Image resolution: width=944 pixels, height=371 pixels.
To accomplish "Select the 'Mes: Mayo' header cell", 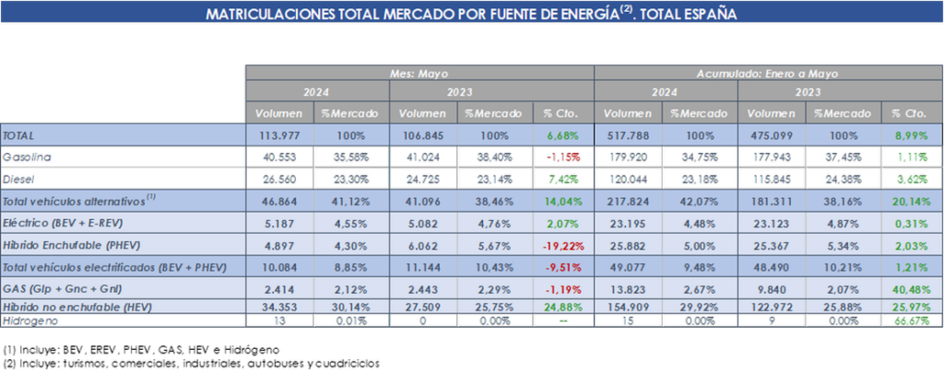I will click(419, 73).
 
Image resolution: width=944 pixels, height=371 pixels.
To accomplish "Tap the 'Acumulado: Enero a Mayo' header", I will click(769, 73).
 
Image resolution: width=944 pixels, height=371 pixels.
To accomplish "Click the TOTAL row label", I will click(19, 134).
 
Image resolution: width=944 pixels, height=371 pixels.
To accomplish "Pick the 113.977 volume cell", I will click(280, 134).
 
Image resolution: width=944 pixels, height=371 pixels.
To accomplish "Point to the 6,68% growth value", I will click(563, 134).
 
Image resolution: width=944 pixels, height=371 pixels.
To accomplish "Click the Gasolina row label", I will click(28, 157).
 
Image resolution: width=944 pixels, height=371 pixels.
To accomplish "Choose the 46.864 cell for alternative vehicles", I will click(280, 201).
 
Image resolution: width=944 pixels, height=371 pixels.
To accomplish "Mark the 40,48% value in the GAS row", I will click(911, 288).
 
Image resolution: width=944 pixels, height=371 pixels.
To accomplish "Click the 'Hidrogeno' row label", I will click(29, 319).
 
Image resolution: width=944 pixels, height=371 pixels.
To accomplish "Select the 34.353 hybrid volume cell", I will click(280, 306).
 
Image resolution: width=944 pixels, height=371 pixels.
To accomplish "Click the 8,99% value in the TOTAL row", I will click(911, 134).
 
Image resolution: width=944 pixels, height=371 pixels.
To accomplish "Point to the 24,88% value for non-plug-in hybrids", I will click(563, 306).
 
